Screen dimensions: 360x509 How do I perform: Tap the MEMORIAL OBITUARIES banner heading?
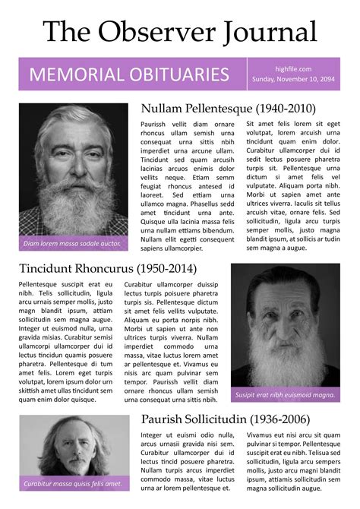[129, 74]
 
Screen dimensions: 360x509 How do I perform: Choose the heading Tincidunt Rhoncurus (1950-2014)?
[108, 268]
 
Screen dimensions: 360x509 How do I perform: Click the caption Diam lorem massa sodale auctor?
[72, 244]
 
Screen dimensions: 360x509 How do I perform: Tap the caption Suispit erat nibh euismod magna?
[286, 395]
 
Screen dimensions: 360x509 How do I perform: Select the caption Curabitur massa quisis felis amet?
[73, 483]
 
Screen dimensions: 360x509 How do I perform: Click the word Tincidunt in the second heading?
[52, 268]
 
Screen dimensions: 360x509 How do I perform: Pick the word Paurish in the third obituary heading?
[167, 419]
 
